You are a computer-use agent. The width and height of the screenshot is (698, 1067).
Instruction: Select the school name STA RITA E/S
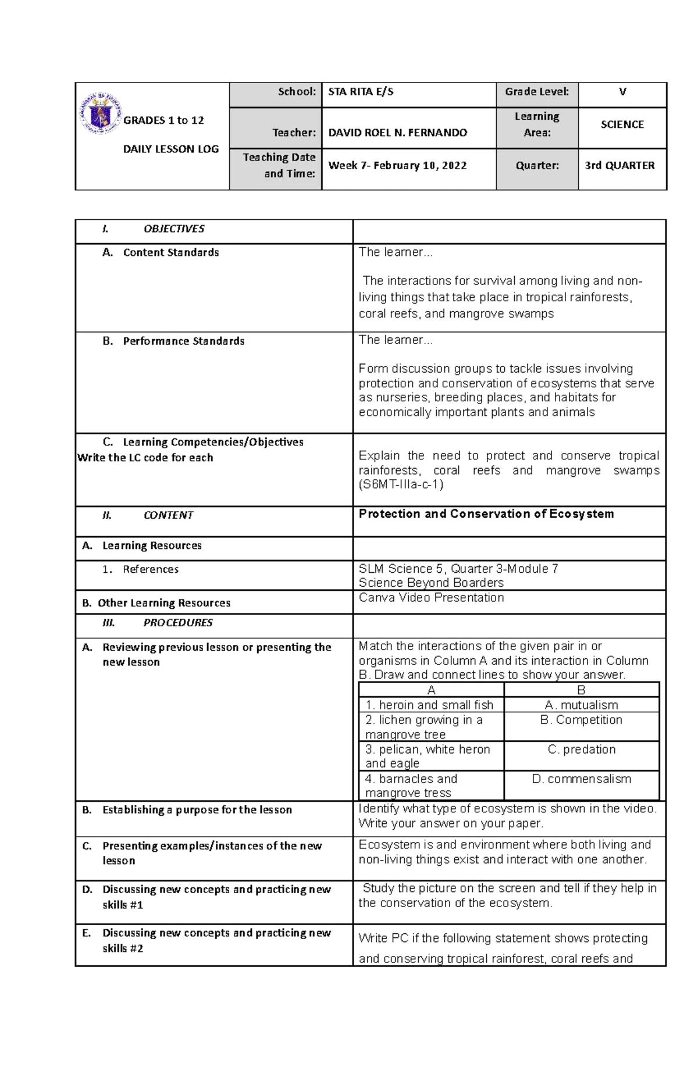point(361,92)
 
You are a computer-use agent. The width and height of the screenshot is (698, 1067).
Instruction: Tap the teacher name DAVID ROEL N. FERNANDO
point(397,133)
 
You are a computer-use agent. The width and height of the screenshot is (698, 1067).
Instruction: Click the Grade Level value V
point(622,92)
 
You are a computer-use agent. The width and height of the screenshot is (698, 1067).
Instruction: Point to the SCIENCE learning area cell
point(622,124)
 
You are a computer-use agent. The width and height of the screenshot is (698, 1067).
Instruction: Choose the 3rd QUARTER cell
point(619,166)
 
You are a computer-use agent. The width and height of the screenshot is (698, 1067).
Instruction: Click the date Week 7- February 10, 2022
point(397,166)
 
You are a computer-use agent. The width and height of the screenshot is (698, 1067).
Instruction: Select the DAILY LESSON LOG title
point(170,149)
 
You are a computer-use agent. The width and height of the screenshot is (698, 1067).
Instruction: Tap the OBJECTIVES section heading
point(173,229)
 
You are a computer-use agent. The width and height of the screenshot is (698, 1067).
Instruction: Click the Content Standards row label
point(170,253)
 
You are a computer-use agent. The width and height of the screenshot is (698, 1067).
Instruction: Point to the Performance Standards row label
point(183,341)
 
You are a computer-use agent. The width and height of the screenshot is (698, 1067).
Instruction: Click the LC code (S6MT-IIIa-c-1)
point(401,484)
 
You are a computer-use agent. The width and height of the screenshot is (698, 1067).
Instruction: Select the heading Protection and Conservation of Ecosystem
point(486,514)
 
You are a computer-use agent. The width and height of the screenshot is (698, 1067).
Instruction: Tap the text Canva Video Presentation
point(431,598)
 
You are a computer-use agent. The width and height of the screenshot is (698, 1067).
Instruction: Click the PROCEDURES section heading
point(177,623)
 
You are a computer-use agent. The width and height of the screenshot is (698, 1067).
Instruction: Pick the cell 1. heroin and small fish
point(429,705)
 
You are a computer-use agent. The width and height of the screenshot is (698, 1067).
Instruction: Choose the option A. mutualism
point(581,705)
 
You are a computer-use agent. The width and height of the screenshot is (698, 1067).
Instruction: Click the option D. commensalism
point(581,779)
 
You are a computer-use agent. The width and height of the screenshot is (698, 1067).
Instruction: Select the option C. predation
point(581,750)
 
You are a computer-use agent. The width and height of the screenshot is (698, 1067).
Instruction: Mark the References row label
point(150,570)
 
